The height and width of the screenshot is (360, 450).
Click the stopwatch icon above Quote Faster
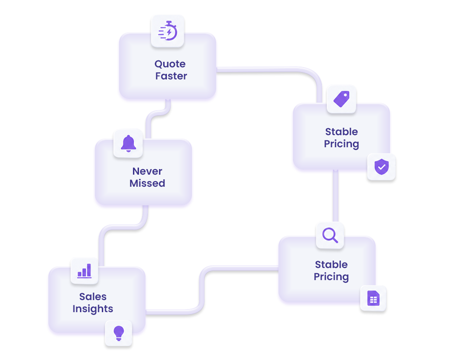click(168, 31)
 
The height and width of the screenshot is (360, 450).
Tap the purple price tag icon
click(342, 99)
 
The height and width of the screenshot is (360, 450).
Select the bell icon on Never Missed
click(128, 143)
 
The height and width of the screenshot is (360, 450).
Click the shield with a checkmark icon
click(382, 167)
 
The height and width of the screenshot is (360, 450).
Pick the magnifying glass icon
click(330, 235)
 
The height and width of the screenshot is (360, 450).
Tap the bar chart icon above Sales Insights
click(85, 271)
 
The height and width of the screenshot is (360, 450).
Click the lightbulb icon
click(119, 333)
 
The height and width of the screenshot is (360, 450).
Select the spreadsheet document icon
click(373, 298)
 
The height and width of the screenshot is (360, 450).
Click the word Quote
click(170, 64)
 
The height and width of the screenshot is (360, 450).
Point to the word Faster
click(171, 76)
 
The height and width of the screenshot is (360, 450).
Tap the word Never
click(147, 171)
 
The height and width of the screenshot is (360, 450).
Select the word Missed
click(147, 183)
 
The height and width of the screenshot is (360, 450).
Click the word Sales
click(93, 297)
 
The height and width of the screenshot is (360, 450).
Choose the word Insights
click(93, 308)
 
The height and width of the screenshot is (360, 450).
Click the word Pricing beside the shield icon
click(342, 144)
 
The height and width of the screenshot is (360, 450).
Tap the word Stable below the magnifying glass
click(331, 264)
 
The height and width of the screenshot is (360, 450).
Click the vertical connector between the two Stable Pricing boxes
click(336, 196)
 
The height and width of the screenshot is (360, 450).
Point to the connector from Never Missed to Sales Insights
click(123, 227)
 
